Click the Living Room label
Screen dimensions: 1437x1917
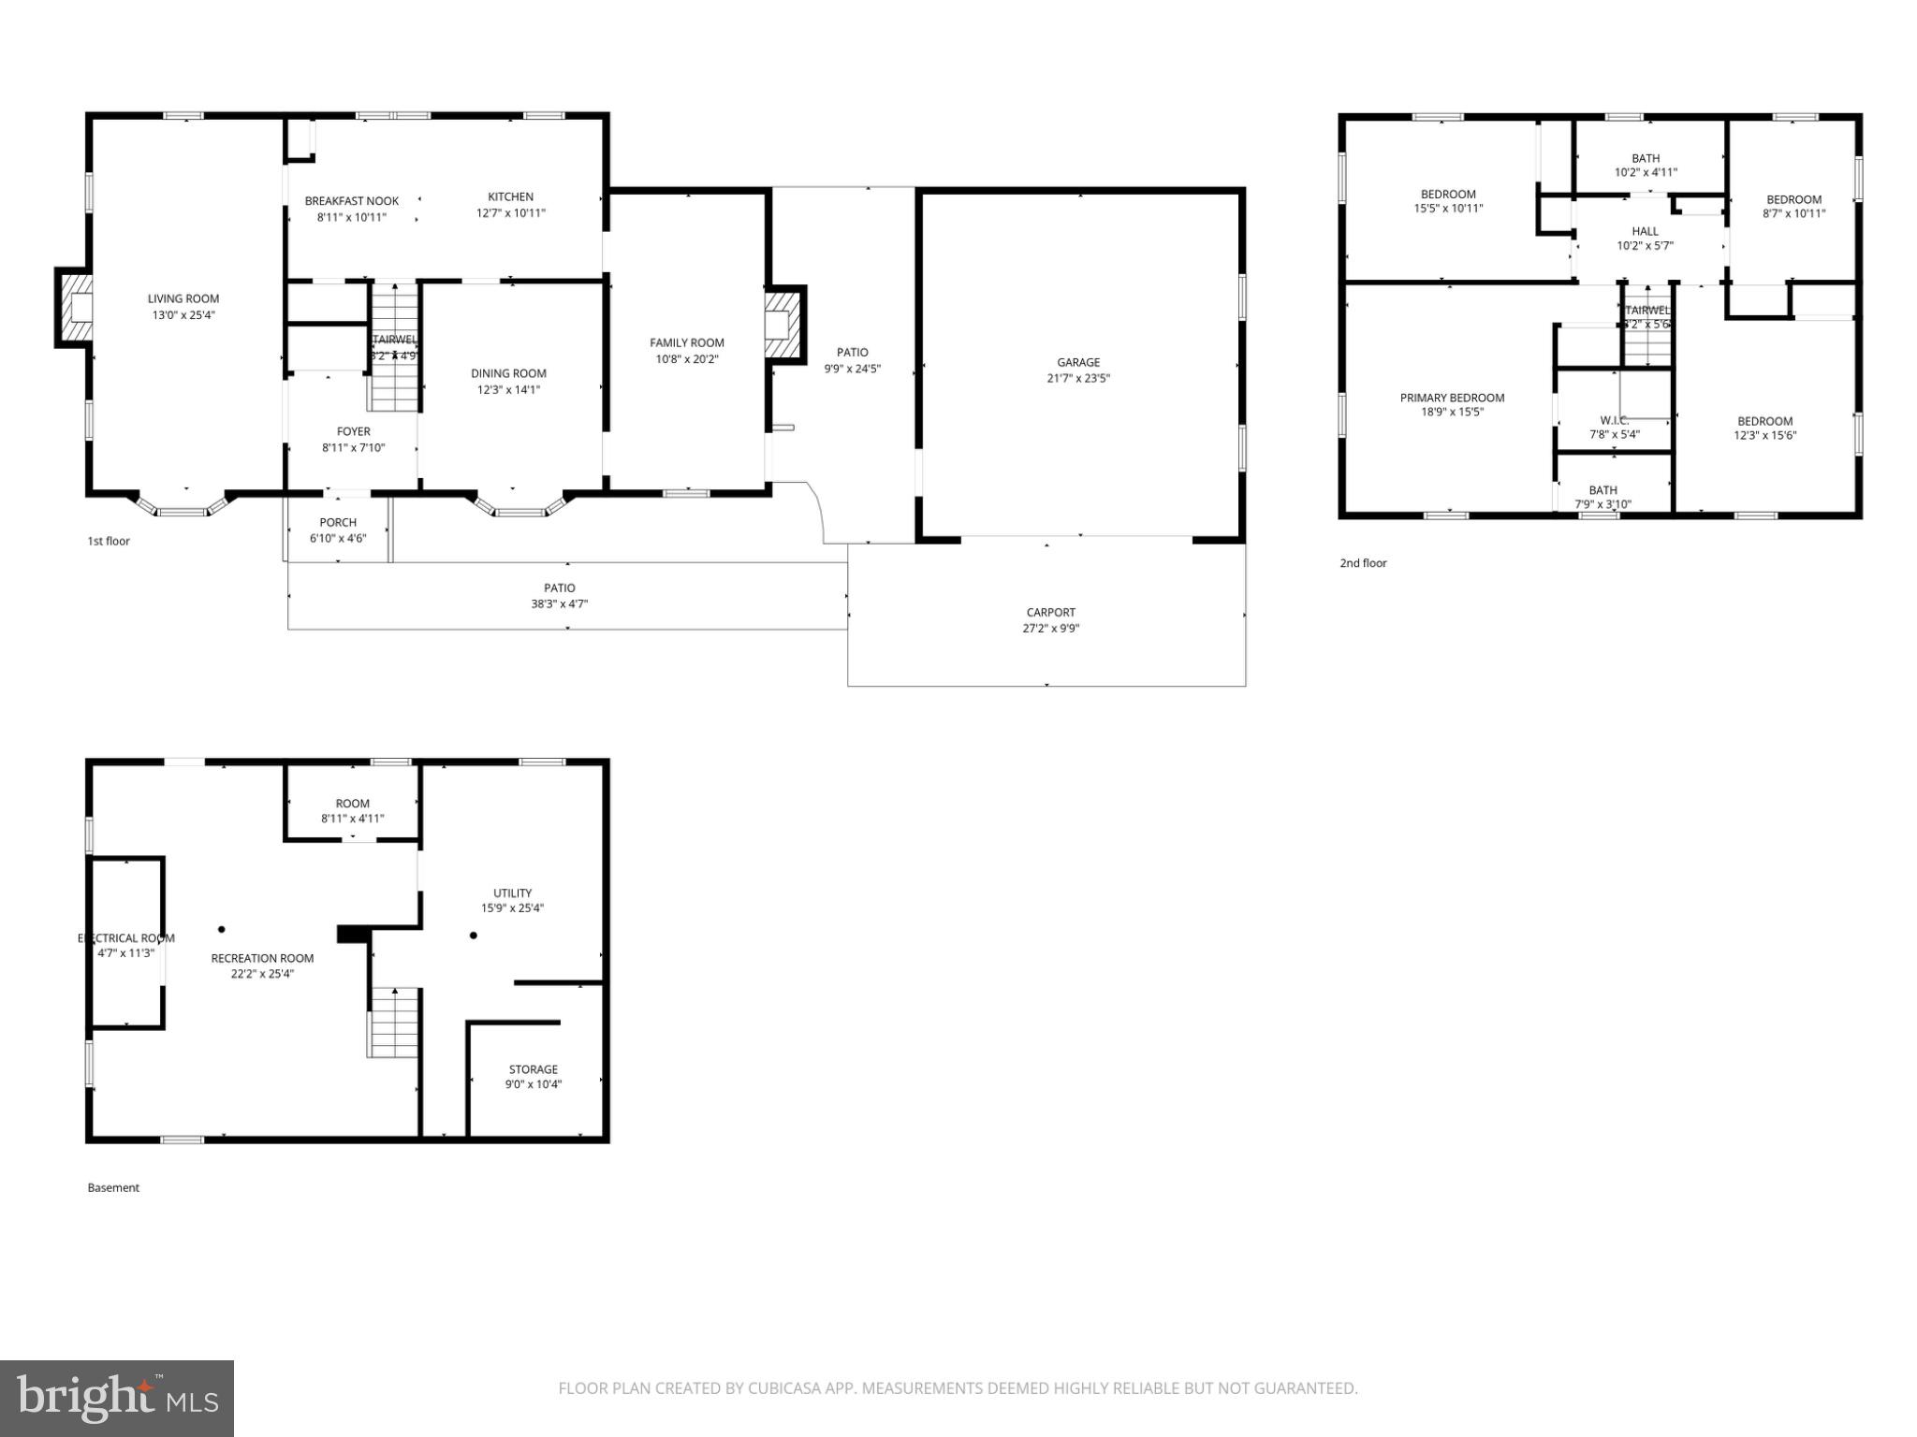coord(183,299)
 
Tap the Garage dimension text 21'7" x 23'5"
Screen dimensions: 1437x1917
coord(1078,379)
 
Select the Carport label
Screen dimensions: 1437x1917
coord(1050,613)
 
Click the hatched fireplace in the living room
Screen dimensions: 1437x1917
coord(75,308)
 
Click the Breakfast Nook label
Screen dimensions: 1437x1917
coord(352,201)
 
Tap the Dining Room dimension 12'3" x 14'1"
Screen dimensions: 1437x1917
coord(508,390)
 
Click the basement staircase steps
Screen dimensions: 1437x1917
coord(393,1023)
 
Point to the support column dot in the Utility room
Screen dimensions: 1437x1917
coord(474,936)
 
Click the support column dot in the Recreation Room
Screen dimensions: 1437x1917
coord(222,929)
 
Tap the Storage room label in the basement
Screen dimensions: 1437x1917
coord(534,1069)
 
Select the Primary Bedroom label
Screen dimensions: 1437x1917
coord(1452,398)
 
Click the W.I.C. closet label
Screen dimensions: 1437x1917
coord(1615,420)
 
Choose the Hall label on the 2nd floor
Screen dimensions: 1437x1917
coord(1645,231)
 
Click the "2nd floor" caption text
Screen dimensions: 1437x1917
coord(1363,563)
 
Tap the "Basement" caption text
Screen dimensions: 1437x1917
coord(113,1188)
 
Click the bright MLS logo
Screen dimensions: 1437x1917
coord(117,1398)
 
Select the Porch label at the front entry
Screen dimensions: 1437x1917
coord(338,523)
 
